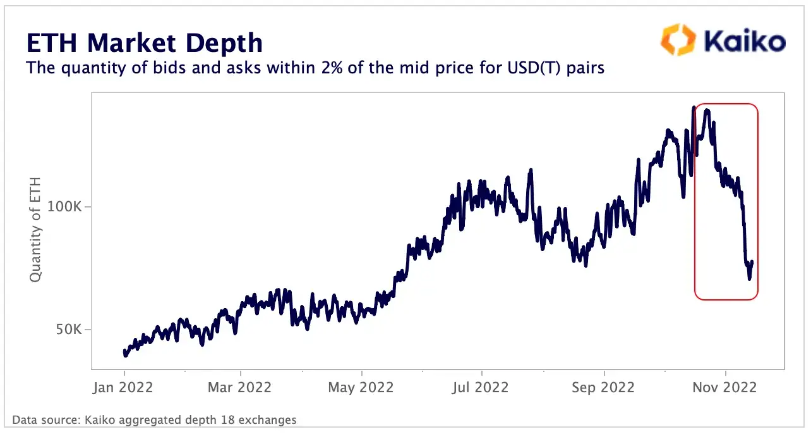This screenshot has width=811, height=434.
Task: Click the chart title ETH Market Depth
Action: [144, 43]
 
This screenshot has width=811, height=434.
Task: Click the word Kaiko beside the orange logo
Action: [745, 42]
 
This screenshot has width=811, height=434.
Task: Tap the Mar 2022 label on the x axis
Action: [240, 387]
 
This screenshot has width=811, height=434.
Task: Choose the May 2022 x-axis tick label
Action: [361, 387]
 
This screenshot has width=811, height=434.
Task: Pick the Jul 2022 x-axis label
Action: [481, 387]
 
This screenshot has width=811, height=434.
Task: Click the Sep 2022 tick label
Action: [603, 387]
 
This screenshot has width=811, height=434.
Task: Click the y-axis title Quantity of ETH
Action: [36, 229]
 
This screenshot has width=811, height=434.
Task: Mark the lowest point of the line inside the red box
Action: [749, 278]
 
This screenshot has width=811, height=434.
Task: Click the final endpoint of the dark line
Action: [752, 262]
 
